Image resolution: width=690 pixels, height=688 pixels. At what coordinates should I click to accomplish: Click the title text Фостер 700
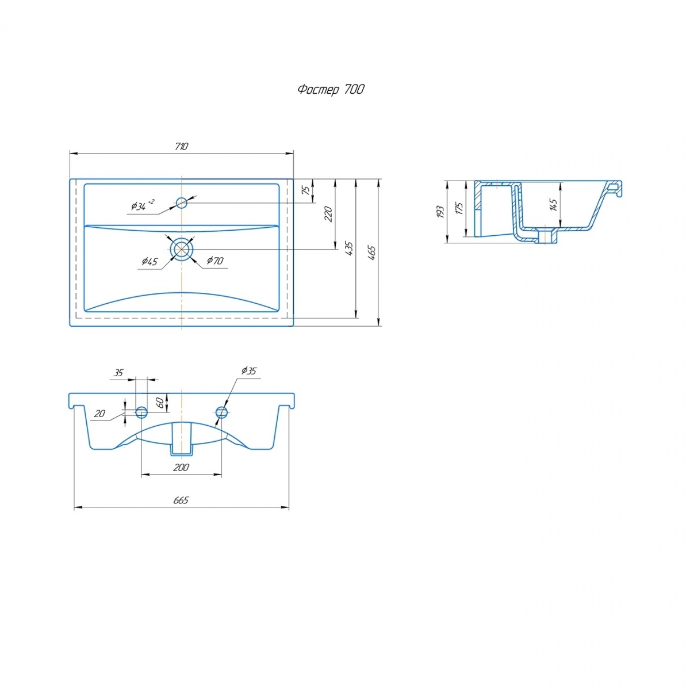tap(331, 90)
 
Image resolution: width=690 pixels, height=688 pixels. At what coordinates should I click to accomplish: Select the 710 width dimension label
tap(182, 147)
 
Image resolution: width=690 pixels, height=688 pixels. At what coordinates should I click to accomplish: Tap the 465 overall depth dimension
tap(372, 253)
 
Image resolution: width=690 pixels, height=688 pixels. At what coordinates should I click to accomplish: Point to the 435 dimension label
tap(350, 249)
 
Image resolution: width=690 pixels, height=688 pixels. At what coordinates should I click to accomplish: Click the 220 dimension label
tap(329, 215)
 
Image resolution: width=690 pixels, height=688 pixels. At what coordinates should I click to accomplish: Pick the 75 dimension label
tap(306, 190)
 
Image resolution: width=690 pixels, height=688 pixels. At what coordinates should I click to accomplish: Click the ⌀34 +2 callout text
tap(143, 205)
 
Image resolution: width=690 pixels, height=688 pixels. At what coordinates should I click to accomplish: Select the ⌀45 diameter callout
tap(149, 261)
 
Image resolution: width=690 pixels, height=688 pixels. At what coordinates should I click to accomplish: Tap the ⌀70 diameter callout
tap(215, 261)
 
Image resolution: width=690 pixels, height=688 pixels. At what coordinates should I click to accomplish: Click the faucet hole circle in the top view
tap(182, 203)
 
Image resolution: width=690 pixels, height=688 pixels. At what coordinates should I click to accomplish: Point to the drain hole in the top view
tap(182, 249)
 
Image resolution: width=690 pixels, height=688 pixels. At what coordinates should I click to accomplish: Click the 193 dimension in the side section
tap(440, 212)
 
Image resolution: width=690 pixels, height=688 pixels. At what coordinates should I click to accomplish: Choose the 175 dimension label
tap(459, 209)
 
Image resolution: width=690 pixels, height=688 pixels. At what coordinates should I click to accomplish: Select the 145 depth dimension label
tap(553, 205)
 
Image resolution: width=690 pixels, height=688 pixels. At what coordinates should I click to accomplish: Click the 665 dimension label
tap(181, 500)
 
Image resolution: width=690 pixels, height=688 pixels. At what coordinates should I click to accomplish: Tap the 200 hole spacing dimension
tap(181, 467)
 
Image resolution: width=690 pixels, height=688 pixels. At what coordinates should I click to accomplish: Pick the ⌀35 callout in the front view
tap(249, 371)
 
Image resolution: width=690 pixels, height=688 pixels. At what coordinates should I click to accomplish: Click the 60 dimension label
tap(161, 403)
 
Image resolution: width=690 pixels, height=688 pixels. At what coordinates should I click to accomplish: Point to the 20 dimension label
tap(99, 414)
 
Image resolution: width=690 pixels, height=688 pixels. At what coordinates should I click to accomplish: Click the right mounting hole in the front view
tap(221, 412)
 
